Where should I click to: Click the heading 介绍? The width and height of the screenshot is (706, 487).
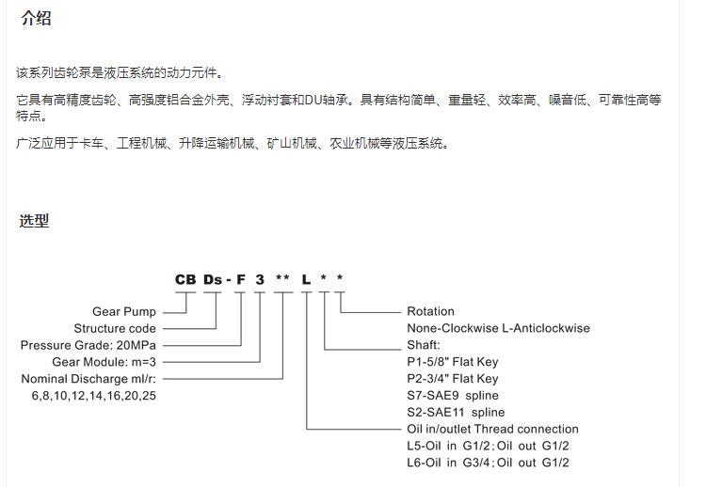(36, 19)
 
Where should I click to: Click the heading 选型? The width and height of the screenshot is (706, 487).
(34, 221)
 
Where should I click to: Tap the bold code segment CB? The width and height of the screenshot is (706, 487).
(185, 280)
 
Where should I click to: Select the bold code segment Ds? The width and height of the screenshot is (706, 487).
(213, 280)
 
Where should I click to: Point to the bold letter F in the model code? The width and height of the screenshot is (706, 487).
(241, 280)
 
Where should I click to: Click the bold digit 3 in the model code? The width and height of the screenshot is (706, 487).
(260, 280)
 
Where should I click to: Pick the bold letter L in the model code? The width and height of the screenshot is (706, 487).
(306, 280)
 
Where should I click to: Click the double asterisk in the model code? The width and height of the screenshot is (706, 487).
(282, 277)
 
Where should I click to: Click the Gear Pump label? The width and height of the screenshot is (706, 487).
(124, 311)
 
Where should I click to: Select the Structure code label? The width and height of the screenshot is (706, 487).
(115, 328)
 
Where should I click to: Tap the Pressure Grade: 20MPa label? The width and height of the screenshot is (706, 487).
(88, 345)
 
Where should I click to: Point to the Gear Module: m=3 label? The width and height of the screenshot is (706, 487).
(104, 362)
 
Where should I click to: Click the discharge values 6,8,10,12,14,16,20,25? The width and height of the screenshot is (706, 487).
(93, 396)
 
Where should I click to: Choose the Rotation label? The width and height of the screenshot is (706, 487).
(430, 311)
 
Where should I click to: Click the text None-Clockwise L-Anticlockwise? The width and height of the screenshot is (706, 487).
(498, 328)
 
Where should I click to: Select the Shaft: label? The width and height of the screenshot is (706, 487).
(424, 345)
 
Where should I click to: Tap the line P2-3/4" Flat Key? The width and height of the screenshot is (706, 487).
(453, 379)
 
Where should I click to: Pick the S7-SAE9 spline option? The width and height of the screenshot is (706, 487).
(453, 396)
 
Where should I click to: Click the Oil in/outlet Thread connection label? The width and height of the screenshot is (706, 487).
(492, 429)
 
